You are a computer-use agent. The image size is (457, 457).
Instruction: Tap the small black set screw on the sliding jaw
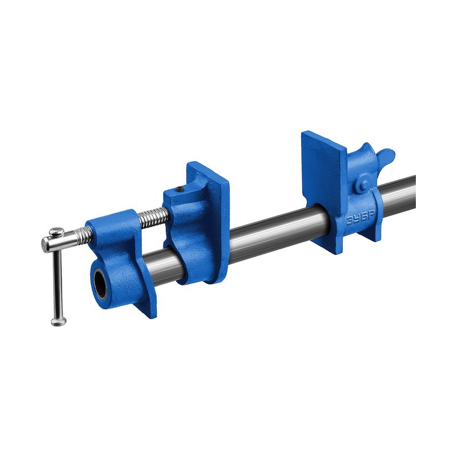pos(181,190)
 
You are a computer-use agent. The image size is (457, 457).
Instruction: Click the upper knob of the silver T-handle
pos(57,232)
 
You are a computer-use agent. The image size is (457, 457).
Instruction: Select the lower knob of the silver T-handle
pos(59,321)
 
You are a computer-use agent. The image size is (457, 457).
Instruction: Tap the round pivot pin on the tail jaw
pos(363,185)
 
